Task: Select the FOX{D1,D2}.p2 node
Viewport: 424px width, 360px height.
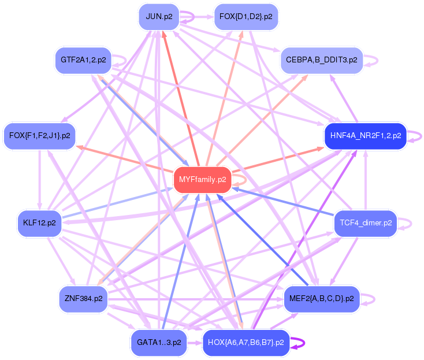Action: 246,16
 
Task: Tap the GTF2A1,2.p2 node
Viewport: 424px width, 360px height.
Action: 83,60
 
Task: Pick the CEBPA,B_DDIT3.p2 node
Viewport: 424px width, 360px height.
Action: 321,60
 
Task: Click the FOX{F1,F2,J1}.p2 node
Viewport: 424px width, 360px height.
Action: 40,136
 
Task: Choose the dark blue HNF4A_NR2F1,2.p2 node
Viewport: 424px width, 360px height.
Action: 366,136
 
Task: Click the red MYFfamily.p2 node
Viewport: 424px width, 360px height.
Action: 203,180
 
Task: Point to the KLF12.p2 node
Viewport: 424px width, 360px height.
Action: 39,222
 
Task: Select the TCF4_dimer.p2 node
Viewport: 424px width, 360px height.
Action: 366,222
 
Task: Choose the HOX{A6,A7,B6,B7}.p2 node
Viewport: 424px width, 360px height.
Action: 246,342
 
